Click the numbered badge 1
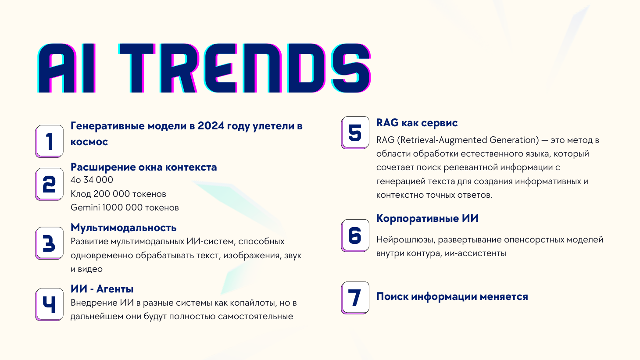(x=50, y=141)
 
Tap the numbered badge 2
(x=50, y=184)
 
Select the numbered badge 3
(x=50, y=243)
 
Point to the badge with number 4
(x=50, y=305)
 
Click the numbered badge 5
(x=355, y=132)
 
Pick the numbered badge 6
(x=355, y=236)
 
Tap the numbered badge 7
(x=355, y=298)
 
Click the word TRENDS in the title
(x=245, y=68)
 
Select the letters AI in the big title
(x=66, y=68)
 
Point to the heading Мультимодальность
(x=123, y=228)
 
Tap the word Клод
(x=81, y=194)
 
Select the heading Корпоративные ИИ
(x=427, y=218)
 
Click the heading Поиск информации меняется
(x=452, y=296)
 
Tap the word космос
(x=89, y=142)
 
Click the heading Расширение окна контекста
(x=144, y=167)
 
